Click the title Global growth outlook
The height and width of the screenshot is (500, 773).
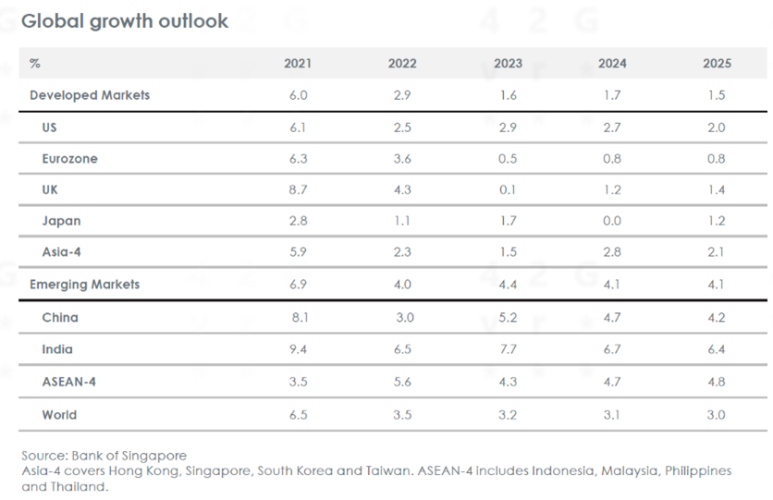tap(125, 20)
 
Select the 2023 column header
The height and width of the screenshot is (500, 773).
tap(508, 64)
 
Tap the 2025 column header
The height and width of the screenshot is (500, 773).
tap(717, 64)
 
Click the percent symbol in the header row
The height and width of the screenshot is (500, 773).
tap(35, 64)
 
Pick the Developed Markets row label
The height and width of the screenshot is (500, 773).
tap(90, 95)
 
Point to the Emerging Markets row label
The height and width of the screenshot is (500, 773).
tap(85, 285)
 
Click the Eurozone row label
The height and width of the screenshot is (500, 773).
tap(69, 159)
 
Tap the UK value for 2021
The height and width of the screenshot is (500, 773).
tap(298, 189)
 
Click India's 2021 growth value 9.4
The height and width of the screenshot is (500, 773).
tap(298, 349)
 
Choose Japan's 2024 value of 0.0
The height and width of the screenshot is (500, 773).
tap(612, 222)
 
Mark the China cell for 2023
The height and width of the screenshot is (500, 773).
tap(508, 318)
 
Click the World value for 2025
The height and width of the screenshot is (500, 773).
tap(717, 415)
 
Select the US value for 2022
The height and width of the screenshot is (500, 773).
tap(402, 128)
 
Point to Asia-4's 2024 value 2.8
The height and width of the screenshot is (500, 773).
tap(612, 252)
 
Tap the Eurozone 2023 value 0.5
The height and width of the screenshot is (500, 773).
tap(508, 159)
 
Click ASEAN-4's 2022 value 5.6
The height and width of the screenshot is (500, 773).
tap(402, 382)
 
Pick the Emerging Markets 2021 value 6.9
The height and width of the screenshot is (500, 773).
tap(298, 285)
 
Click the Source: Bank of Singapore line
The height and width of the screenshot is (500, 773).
tap(104, 456)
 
